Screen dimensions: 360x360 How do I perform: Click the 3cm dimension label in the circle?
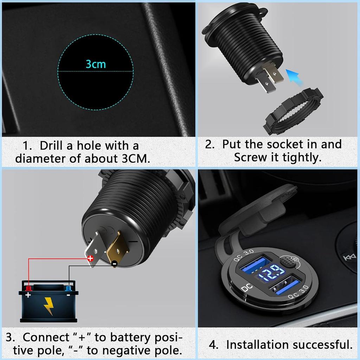point(96,64)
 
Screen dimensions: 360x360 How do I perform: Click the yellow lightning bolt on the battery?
point(49,306)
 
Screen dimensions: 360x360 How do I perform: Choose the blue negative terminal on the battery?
point(68,288)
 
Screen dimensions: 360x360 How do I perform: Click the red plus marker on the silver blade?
point(90,258)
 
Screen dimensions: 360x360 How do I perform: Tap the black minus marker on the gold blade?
point(114,263)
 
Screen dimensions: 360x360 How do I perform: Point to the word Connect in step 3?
point(46,337)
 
